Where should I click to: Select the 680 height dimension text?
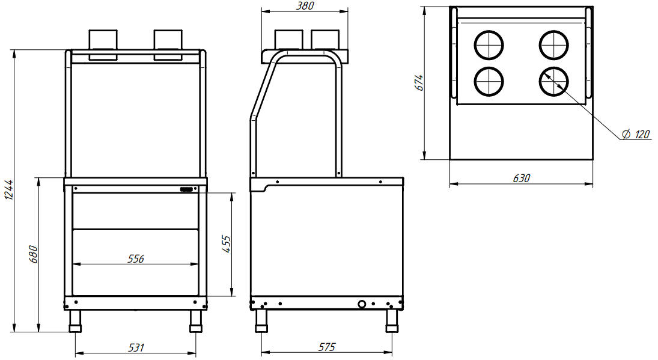34,254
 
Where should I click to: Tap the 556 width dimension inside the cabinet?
136,258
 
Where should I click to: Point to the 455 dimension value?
226,244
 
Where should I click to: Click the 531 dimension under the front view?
136,347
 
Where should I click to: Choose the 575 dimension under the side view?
327,347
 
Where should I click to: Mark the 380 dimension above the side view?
305,6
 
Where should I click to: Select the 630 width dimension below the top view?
522,178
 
